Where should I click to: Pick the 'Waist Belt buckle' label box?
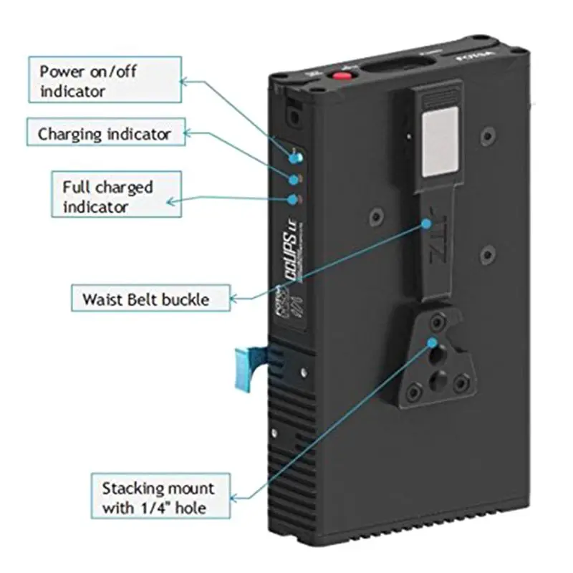[150, 297]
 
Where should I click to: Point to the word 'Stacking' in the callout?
[133, 489]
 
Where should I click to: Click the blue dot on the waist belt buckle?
[427, 223]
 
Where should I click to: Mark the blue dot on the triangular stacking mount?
[433, 342]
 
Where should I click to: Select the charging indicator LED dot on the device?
[292, 178]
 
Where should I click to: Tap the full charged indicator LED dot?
[292, 200]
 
